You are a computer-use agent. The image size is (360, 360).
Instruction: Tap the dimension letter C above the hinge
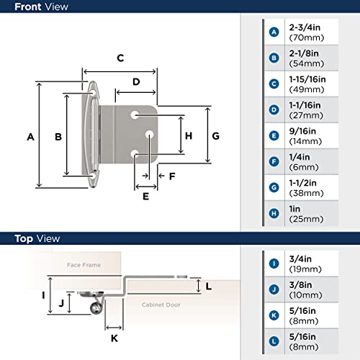pos(120,58)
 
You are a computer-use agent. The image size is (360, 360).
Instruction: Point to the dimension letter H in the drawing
pos(188,135)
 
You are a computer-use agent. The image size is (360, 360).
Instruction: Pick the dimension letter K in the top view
pos(113,337)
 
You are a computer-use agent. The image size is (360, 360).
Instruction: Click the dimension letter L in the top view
pos(209,287)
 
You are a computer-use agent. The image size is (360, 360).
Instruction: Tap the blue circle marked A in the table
pos(274,32)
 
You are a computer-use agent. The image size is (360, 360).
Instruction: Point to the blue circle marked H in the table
pos(274,213)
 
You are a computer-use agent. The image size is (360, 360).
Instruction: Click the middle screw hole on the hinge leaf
pos(149,135)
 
